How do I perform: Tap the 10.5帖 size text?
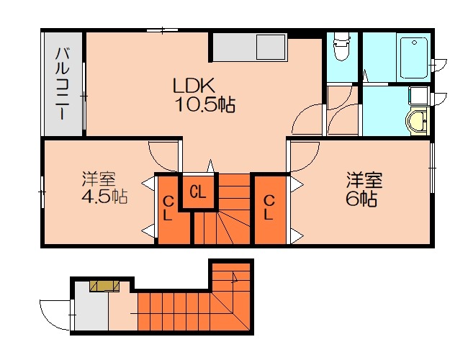[204, 105]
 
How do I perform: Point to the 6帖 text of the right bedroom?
[362, 197]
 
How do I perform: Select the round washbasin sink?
[416, 122]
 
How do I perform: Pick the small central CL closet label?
[198, 192]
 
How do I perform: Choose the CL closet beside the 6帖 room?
[268, 208]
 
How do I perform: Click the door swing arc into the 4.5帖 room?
[163, 151]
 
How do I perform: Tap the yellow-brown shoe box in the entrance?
[104, 286]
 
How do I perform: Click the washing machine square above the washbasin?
[418, 98]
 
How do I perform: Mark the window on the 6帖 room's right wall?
[432, 167]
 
